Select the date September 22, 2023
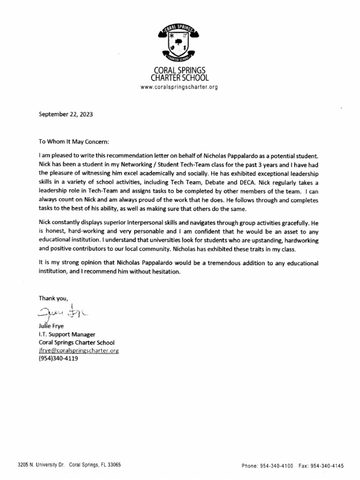62,113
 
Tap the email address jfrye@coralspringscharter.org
78,351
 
